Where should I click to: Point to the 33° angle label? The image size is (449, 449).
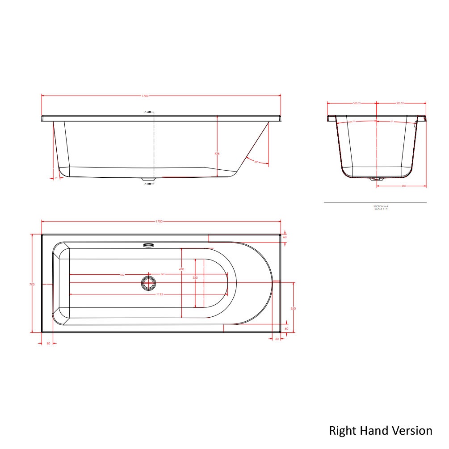(256, 161)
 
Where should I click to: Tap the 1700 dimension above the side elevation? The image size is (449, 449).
(146, 96)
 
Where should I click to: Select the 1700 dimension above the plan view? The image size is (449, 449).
(159, 222)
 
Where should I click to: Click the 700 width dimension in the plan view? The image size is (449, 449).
(32, 285)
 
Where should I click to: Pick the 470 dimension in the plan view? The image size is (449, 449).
(181, 269)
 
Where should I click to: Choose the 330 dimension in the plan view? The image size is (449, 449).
(195, 278)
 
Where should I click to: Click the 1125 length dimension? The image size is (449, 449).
(159, 294)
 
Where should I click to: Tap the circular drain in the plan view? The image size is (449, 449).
(147, 282)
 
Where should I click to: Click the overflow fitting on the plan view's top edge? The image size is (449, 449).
(148, 245)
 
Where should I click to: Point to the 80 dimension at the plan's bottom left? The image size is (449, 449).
(49, 344)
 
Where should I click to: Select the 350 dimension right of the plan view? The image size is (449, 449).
(293, 308)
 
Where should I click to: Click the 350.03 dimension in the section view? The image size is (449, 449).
(357, 103)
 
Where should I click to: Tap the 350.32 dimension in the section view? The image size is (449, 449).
(400, 103)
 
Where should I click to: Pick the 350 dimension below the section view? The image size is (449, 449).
(403, 186)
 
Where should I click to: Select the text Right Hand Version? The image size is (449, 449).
(381, 431)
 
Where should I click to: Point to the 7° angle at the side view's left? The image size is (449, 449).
(56, 178)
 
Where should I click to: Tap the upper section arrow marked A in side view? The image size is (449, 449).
(148, 112)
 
